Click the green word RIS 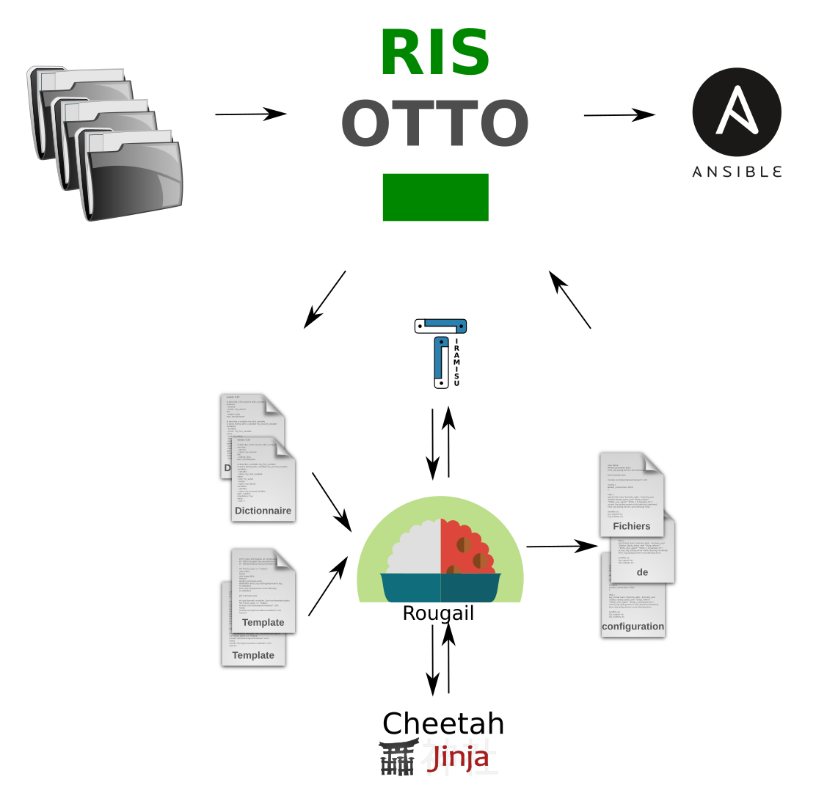tap(434, 53)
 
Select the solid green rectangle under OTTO tap(435, 197)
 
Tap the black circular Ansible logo tap(736, 112)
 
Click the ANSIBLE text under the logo tap(737, 172)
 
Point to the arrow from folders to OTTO tap(249, 114)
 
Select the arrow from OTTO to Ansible tap(619, 115)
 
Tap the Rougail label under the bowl tap(438, 613)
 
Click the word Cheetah tap(443, 723)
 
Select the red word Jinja tap(459, 757)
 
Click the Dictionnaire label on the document tap(263, 511)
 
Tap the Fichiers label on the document tap(631, 526)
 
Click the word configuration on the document tap(633, 627)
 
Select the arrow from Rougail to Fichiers tap(561, 547)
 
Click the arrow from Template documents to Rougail tap(327, 585)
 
